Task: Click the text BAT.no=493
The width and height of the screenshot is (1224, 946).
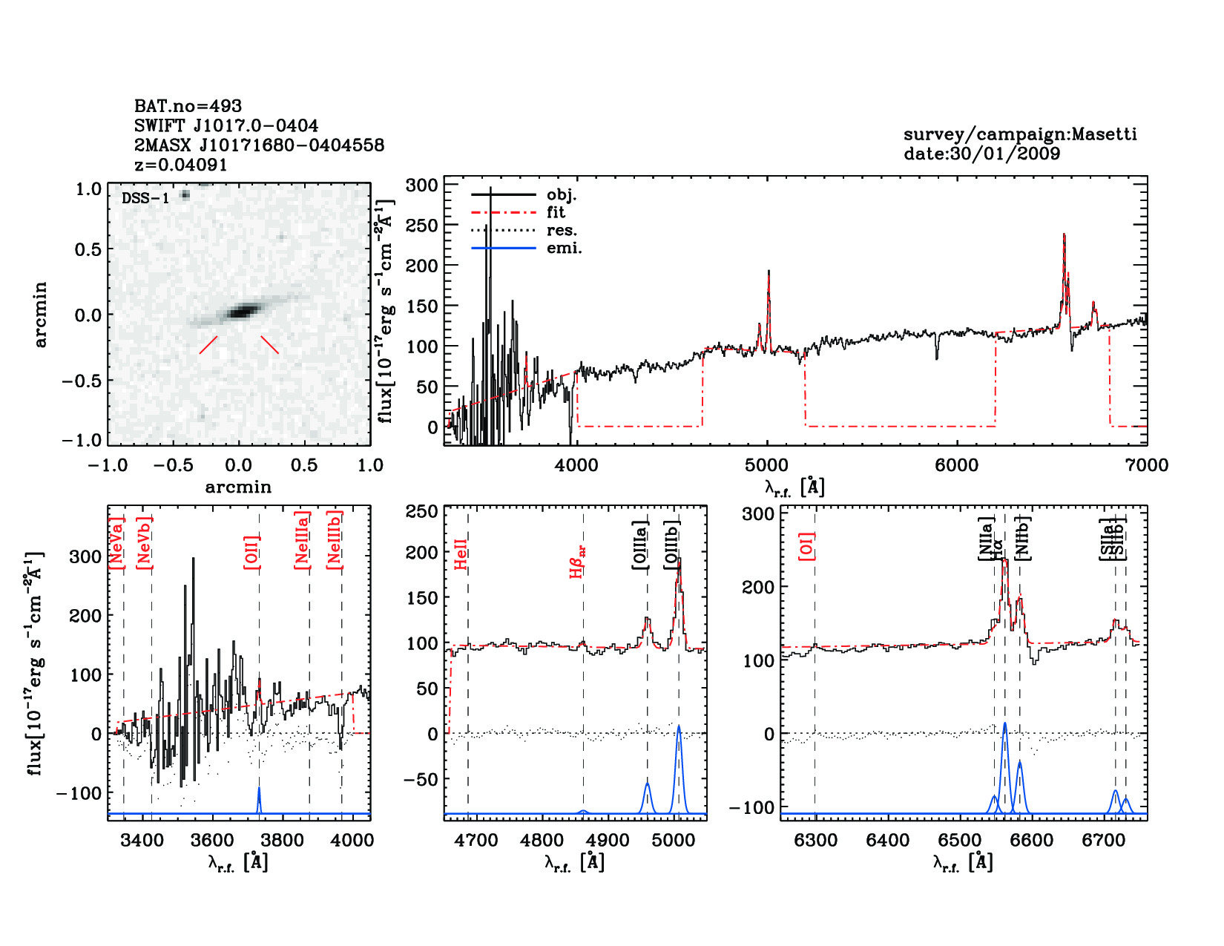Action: tap(188, 106)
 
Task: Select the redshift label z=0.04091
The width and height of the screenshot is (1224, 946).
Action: tap(180, 165)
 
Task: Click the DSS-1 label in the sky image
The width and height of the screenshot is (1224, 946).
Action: tap(145, 198)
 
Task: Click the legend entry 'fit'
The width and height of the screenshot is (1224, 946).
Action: tap(556, 212)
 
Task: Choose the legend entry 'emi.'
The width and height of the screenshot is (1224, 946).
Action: tap(564, 248)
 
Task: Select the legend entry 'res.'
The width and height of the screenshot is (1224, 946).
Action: tap(562, 230)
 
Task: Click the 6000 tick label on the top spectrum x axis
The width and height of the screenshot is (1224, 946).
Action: tap(956, 465)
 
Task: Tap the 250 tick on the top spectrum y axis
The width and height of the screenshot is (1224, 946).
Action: tap(423, 225)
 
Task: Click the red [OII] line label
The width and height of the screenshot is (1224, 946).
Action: tap(251, 551)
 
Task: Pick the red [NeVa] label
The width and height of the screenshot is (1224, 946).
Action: tap(116, 544)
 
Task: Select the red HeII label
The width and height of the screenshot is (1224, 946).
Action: tap(461, 555)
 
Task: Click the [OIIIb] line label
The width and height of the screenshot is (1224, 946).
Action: tap(672, 545)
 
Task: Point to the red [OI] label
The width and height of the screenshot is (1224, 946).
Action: tap(806, 545)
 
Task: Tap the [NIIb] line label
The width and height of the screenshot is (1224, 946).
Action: tap(1022, 537)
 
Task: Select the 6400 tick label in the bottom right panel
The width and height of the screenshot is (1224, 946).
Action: tap(888, 841)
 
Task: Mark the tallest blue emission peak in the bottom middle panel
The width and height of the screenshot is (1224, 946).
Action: tap(678, 728)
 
